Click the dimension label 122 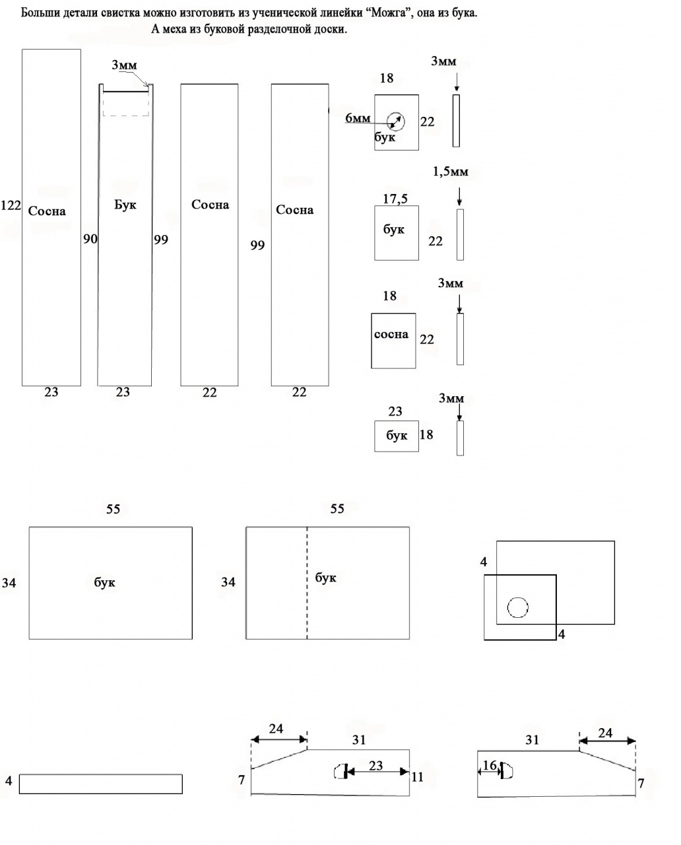(x=11, y=205)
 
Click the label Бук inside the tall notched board (x=125, y=205)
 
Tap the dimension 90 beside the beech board (x=90, y=239)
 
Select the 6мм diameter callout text (x=358, y=119)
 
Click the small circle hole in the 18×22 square (x=396, y=121)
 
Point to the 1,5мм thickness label (x=451, y=172)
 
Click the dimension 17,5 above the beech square (x=395, y=198)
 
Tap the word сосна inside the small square (x=391, y=334)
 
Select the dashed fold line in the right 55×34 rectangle (x=307, y=582)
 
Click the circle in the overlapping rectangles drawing (x=517, y=606)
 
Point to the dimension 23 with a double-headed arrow (x=375, y=766)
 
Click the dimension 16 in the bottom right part (x=489, y=766)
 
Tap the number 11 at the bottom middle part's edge (x=417, y=777)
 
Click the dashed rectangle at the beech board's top (x=126, y=104)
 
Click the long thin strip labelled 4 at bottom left (x=100, y=784)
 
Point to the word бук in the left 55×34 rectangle (x=105, y=582)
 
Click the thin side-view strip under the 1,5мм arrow (x=460, y=234)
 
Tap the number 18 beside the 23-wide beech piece (x=426, y=434)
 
